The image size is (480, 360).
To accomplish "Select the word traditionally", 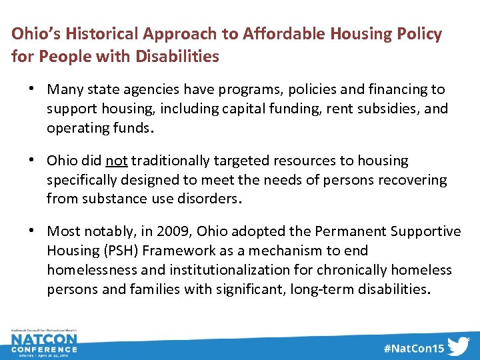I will (171, 161).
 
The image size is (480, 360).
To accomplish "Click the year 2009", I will (169, 231).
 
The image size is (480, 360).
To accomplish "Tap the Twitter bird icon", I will (459, 347).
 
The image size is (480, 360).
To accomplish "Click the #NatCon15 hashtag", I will (413, 348).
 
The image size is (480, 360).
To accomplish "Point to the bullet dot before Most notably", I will (33, 231).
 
